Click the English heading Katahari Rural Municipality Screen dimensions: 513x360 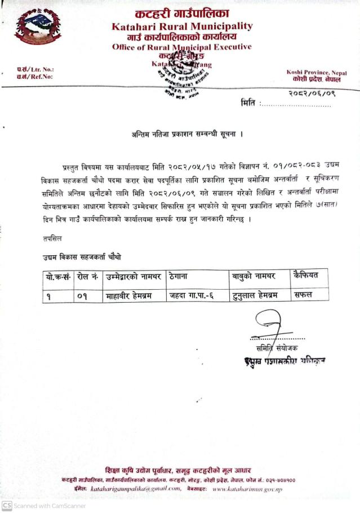coord(182,26)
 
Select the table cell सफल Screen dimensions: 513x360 coord(305,294)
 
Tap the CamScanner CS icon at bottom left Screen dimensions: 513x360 coord(7,506)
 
